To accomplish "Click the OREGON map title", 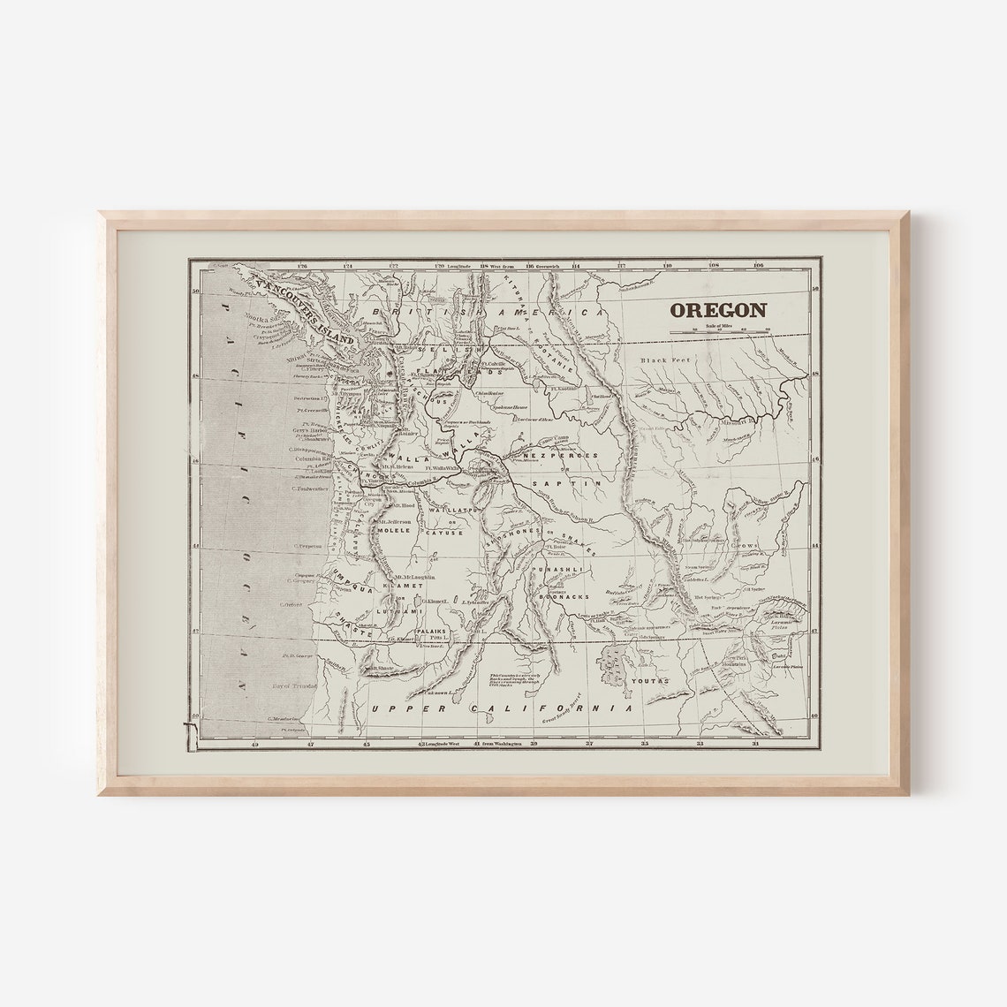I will [717, 310].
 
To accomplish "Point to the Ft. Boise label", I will [557, 548].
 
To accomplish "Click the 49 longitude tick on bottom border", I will [255, 745].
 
